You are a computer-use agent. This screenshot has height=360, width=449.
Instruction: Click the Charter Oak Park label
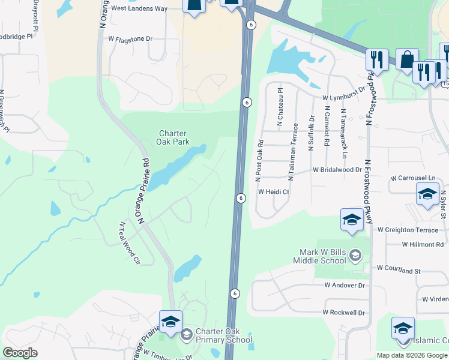point(173,137)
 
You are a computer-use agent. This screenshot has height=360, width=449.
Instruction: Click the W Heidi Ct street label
point(274,192)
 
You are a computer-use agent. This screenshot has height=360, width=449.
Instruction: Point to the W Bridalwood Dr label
point(337,170)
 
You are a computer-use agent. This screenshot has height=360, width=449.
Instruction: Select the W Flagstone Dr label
point(130,38)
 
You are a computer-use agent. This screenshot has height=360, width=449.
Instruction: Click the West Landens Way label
point(139,8)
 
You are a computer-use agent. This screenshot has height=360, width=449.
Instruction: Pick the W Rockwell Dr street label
point(343,313)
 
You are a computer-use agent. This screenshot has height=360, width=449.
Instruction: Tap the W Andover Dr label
point(344,286)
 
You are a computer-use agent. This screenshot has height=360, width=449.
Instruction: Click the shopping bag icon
point(407,60)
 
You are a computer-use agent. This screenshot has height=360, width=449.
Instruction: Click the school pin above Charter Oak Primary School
point(170,322)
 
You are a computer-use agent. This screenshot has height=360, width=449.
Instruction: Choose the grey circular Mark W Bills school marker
point(355,256)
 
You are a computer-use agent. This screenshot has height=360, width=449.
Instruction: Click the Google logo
point(20,353)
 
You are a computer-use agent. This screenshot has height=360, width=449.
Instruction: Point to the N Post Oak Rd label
point(260,161)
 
